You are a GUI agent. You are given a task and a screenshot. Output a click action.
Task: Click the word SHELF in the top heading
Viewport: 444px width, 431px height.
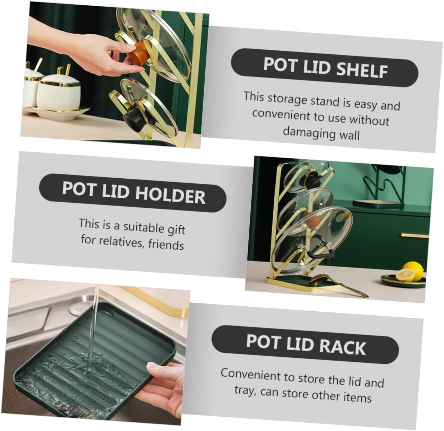tap(362, 69)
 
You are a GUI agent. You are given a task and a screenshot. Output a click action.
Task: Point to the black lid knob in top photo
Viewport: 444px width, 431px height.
tap(132, 118)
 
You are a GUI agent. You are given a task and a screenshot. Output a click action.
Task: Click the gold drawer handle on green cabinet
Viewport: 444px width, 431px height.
tap(415, 236)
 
